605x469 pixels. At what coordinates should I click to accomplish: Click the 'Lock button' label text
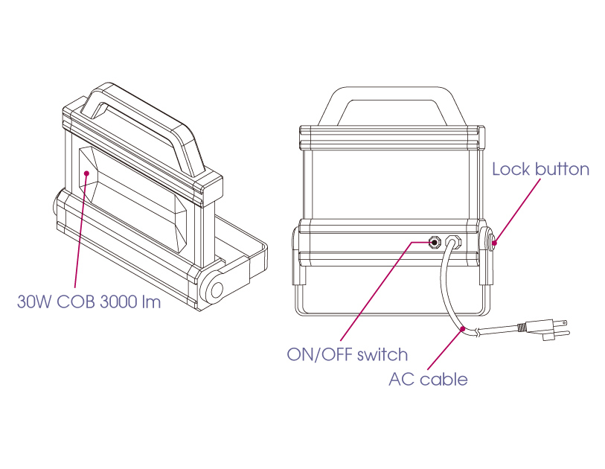tap(540, 170)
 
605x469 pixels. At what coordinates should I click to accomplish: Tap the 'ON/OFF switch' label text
tap(347, 354)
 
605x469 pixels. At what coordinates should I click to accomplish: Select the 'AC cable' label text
tap(428, 380)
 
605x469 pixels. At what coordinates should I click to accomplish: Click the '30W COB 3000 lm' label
tap(89, 303)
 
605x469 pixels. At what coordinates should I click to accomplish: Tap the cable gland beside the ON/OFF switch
tap(452, 242)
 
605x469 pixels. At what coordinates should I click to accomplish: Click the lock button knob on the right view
tap(493, 241)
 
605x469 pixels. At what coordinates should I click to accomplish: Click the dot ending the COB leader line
tap(87, 174)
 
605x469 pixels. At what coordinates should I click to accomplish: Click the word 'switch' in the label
tap(382, 354)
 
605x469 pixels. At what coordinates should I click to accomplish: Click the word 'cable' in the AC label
tap(444, 380)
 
